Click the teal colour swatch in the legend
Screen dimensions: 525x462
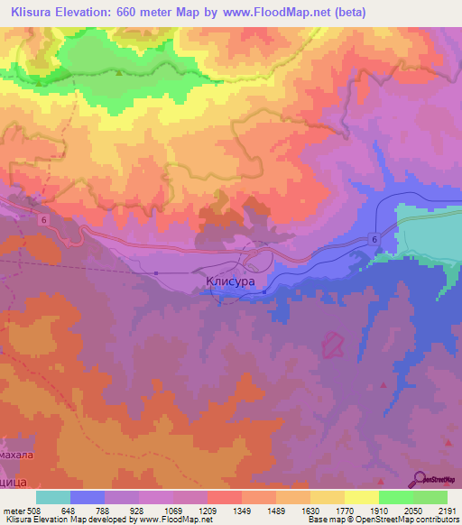pos(53,497)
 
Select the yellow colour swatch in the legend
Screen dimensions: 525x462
pos(328,497)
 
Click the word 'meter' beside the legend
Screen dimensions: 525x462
pos(14,510)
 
